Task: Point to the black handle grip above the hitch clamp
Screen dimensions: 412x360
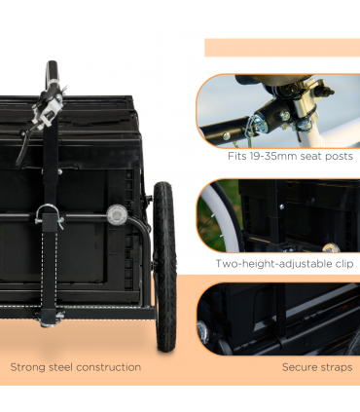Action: (50, 75)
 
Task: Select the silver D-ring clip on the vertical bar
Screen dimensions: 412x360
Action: (50, 217)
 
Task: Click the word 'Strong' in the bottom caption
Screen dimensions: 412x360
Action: (30, 367)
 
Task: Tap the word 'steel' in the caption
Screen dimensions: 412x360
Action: (67, 367)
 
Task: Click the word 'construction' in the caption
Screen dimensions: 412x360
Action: (112, 367)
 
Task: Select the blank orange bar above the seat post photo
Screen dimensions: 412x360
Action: (281, 48)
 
